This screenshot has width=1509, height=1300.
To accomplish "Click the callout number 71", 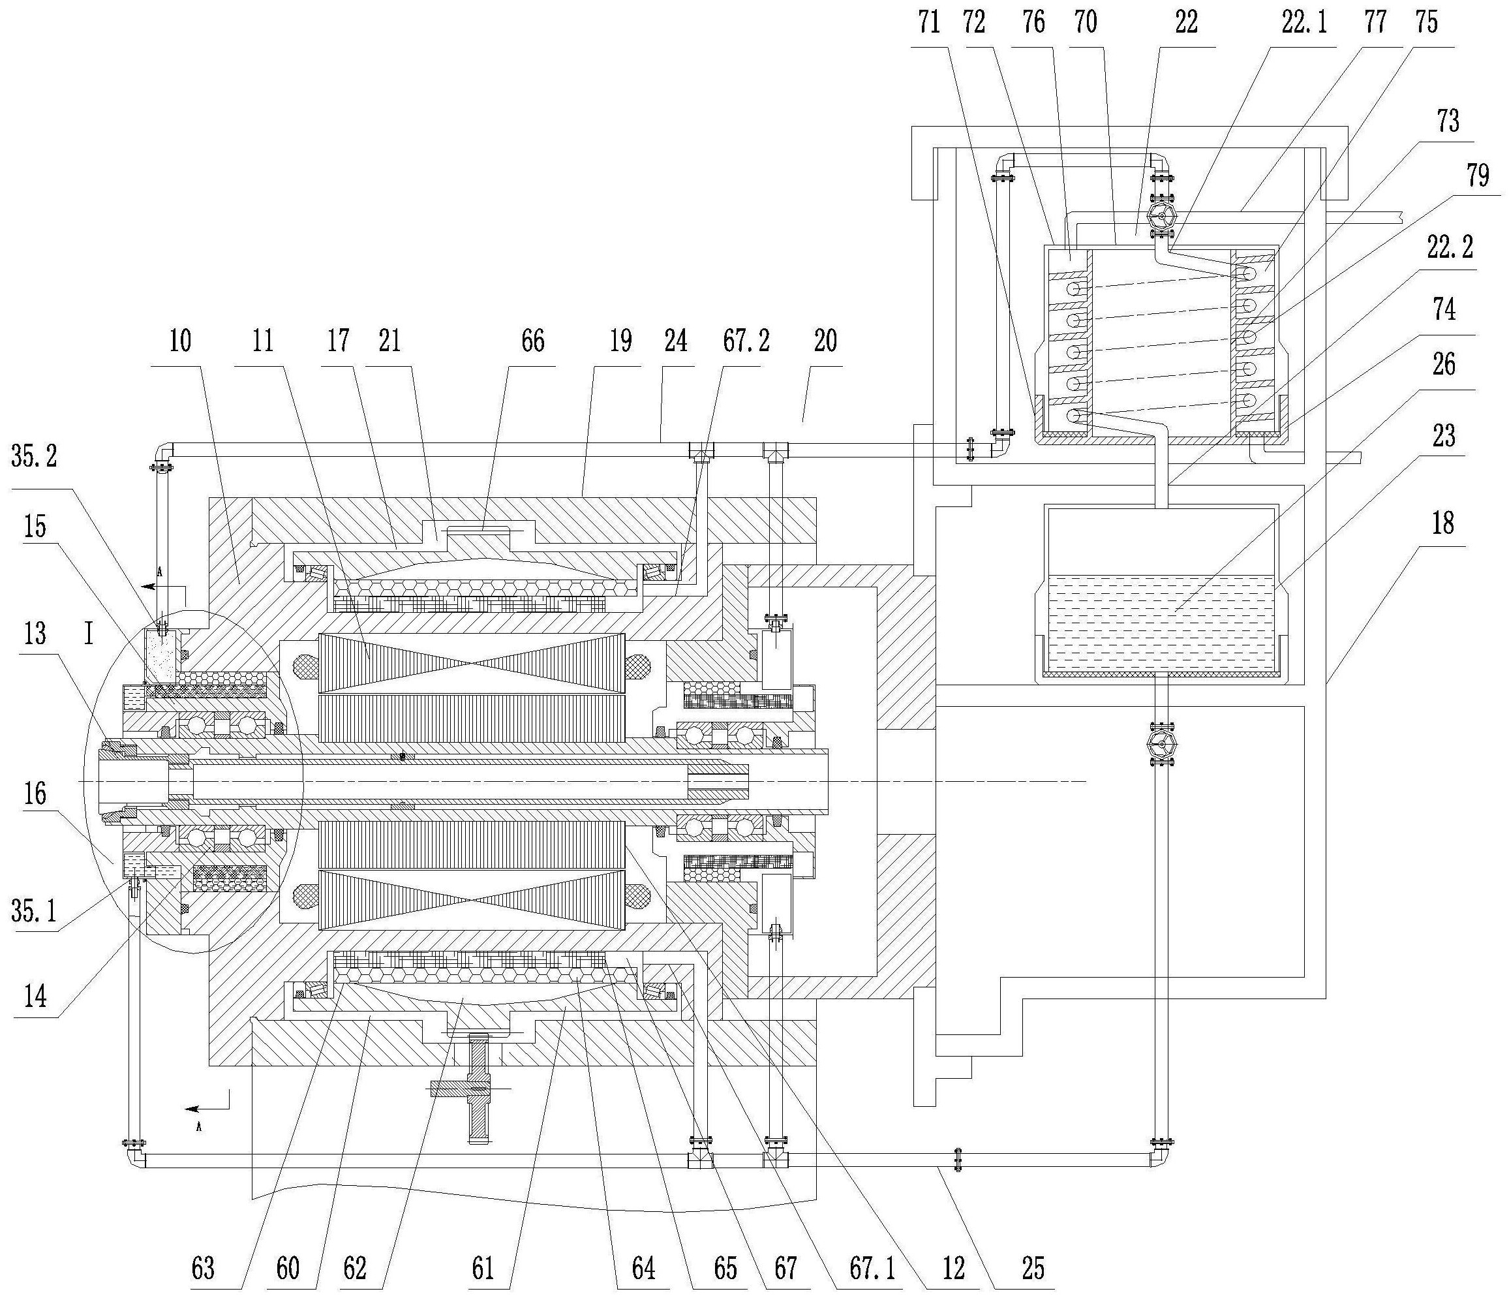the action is (x=929, y=23).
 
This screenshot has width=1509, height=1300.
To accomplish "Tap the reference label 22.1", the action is (x=1304, y=23).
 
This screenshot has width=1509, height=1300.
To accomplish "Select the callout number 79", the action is (x=1478, y=176).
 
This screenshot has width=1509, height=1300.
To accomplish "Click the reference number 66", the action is (x=532, y=340).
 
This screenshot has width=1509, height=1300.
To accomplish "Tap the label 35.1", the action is (x=33, y=911).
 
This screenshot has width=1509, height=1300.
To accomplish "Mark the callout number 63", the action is (x=203, y=1269).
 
